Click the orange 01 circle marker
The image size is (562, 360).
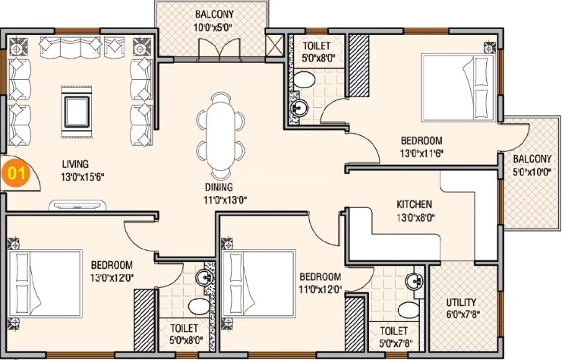tap(17, 174)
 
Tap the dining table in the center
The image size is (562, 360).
tap(220, 135)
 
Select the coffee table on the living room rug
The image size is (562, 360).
tap(77, 112)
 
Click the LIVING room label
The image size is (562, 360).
tap(75, 164)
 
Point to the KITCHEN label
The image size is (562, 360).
tap(414, 204)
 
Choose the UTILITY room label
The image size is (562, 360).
tap(461, 302)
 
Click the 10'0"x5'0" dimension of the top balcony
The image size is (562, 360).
tap(213, 27)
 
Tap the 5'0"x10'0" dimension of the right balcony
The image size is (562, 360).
tap(532, 172)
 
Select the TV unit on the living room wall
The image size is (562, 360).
tap(77, 206)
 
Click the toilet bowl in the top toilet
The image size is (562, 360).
tap(304, 80)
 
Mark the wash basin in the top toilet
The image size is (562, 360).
tap(299, 107)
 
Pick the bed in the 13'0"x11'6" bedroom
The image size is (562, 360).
tap(458, 88)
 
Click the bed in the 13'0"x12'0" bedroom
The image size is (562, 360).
tap(45, 283)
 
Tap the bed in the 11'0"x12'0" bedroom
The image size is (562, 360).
tap(258, 283)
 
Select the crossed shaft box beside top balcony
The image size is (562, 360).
tap(275, 46)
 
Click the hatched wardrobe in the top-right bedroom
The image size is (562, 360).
tap(358, 65)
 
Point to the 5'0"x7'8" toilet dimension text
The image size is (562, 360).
tap(396, 343)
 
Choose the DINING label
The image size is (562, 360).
tap(219, 187)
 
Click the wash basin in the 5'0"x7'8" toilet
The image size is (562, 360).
tap(415, 282)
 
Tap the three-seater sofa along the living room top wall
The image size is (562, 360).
tap(71, 47)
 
